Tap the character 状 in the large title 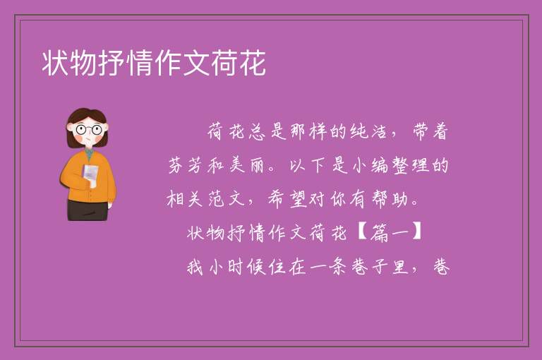point(56,63)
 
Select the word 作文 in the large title point(182,63)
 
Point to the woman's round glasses point(88,130)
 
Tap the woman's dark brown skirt point(88,210)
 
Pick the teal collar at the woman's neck point(89,154)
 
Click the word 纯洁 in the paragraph point(368,131)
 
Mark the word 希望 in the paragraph point(288,199)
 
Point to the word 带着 point(430,131)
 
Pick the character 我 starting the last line point(195,267)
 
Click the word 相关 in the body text point(184,199)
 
